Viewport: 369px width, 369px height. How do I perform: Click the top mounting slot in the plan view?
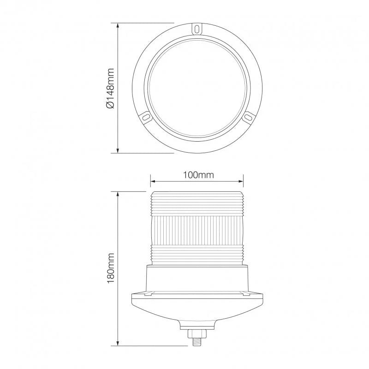pos(197,29)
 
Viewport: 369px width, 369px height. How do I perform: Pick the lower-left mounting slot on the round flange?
pos(147,118)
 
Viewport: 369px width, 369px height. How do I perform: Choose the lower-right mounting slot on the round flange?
pos(248,118)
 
